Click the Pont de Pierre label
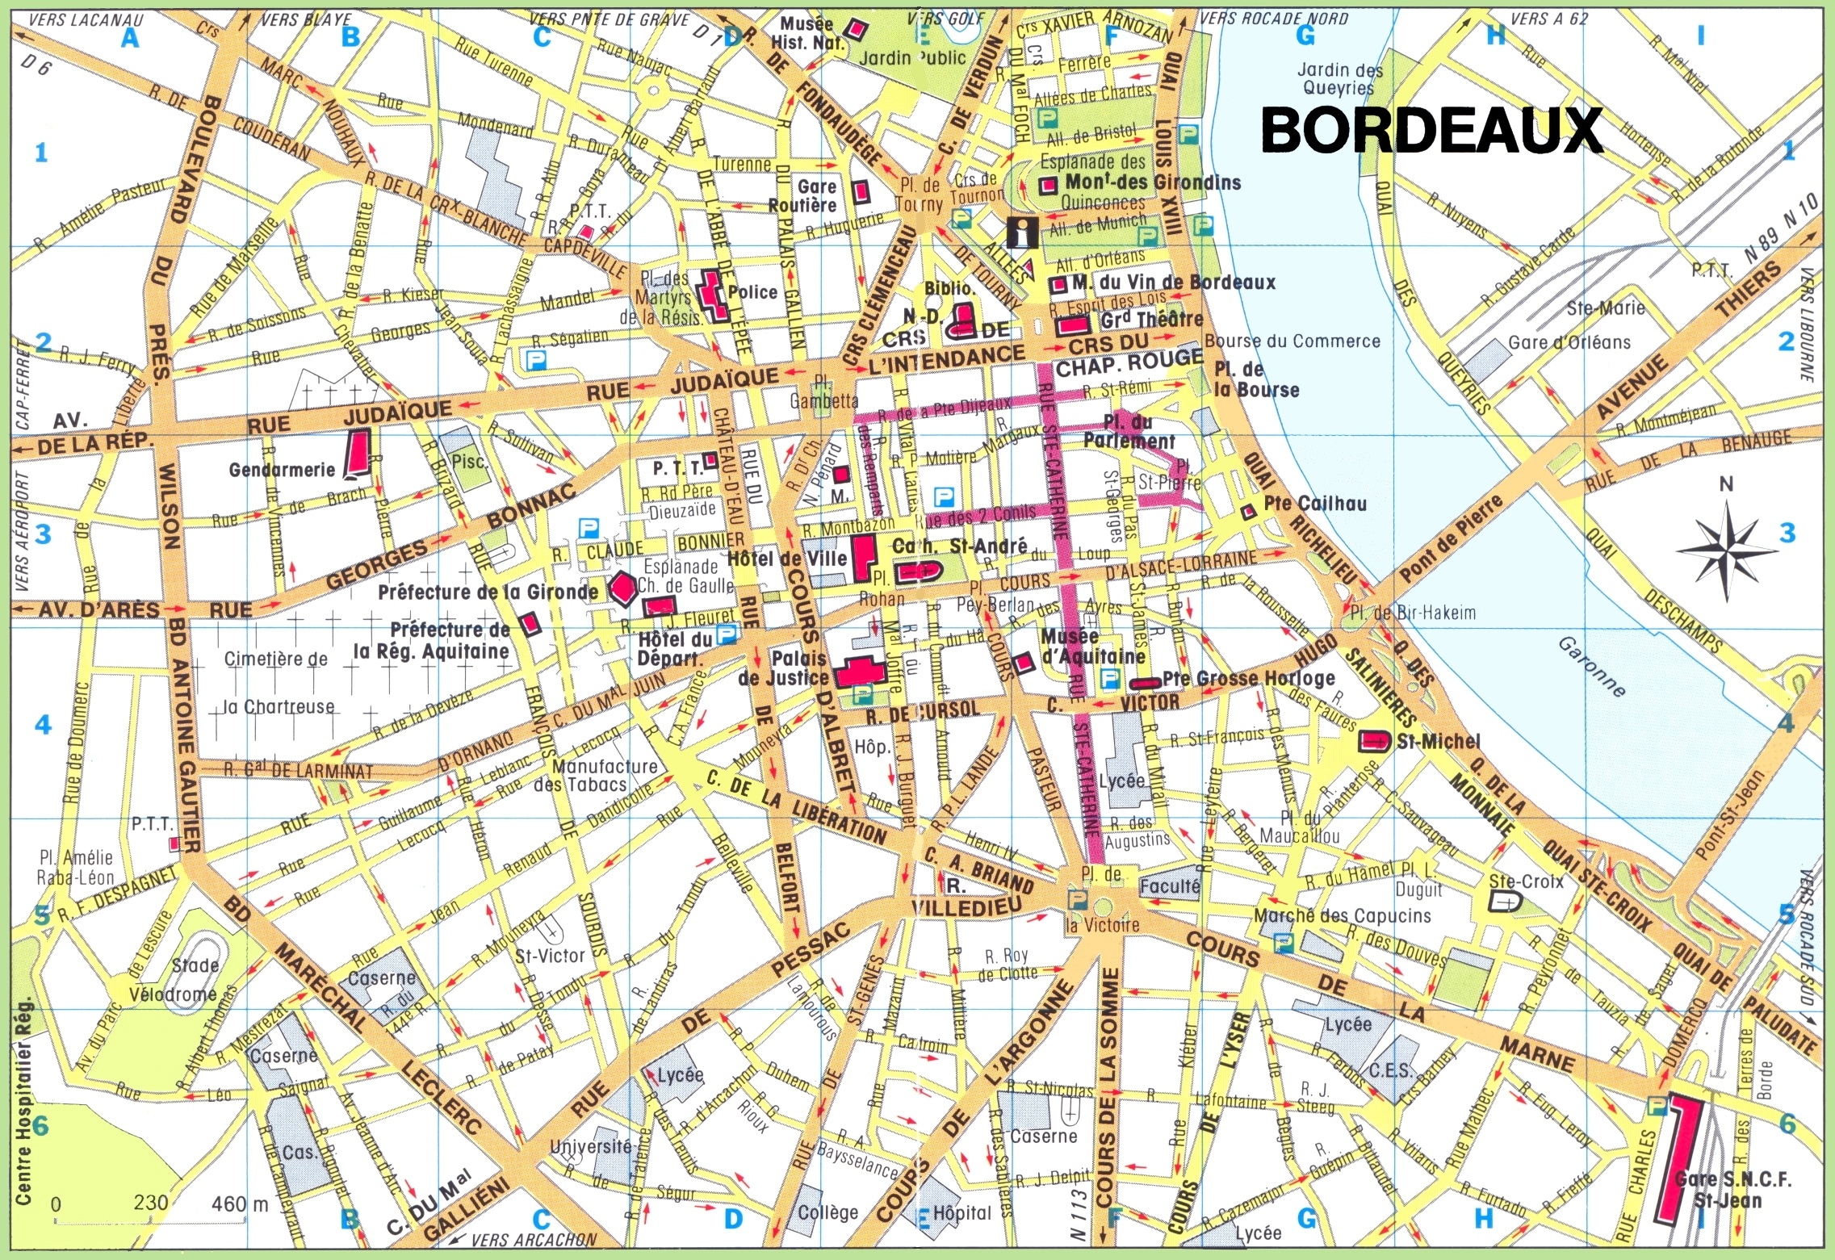(x=1451, y=539)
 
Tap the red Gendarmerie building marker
(x=357, y=453)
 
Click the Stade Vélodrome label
(x=174, y=980)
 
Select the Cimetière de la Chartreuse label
(x=277, y=682)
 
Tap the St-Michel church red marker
(x=1373, y=740)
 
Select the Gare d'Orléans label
(x=1569, y=342)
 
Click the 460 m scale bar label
(x=240, y=1203)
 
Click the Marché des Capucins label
(x=1342, y=915)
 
